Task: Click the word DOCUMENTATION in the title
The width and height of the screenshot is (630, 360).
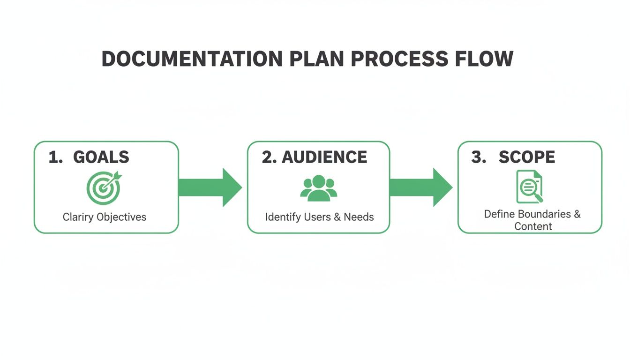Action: [192, 59]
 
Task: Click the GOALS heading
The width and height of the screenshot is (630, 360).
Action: [101, 157]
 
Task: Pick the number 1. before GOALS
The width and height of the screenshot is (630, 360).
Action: [56, 157]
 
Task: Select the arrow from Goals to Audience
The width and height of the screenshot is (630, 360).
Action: [210, 187]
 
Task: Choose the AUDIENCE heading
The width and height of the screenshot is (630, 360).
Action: [324, 157]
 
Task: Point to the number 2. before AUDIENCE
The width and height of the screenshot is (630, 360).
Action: [270, 157]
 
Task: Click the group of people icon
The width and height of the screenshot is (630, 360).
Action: [319, 188]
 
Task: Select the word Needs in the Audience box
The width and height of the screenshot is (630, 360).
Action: [359, 217]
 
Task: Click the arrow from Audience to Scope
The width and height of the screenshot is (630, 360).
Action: [420, 187]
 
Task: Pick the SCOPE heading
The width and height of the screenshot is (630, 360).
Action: [527, 157]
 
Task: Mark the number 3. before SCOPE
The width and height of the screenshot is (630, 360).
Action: [479, 157]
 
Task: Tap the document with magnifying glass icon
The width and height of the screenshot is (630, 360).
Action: [530, 187]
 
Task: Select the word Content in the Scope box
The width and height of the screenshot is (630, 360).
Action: [533, 226]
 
